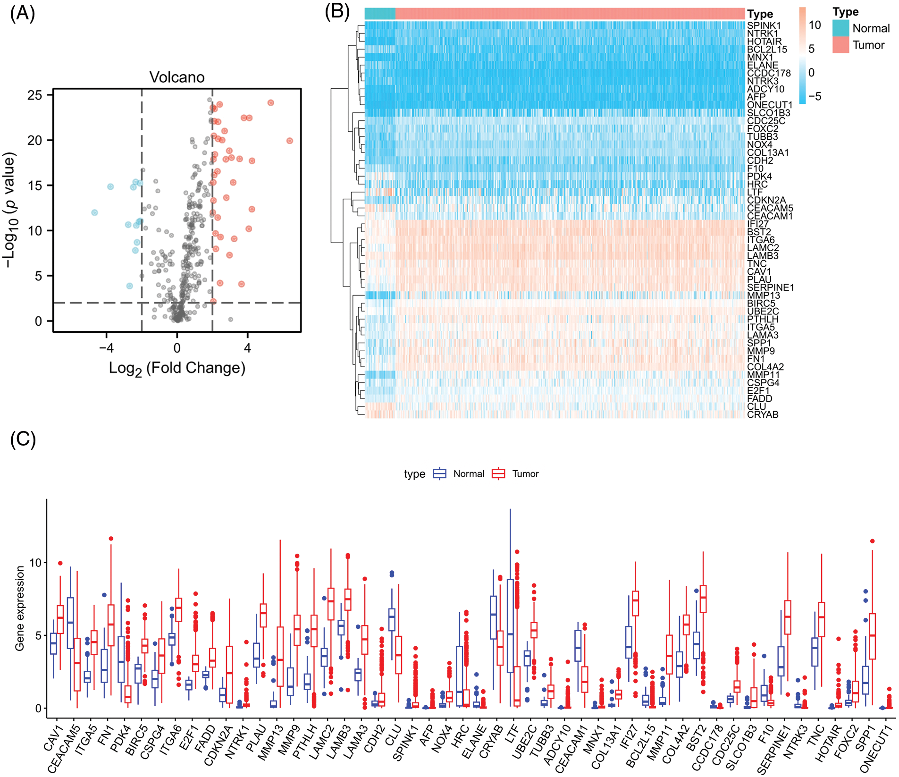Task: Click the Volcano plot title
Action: pos(177,77)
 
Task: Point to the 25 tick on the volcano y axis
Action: pos(34,95)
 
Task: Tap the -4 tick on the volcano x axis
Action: pos(106,348)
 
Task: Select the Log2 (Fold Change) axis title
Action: pos(177,368)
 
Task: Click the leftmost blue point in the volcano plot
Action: pos(94,212)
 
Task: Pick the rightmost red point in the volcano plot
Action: pos(290,141)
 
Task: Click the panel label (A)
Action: pos(22,14)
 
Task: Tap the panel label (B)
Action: pos(337,11)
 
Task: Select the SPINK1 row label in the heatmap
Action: pos(764,25)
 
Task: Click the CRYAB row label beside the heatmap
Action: pos(763,414)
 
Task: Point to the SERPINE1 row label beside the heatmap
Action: pos(770,287)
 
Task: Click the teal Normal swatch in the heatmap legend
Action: pos(840,28)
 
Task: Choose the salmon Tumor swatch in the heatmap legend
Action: pos(840,45)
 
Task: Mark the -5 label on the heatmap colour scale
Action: pos(815,96)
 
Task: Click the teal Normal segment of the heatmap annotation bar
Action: pos(380,14)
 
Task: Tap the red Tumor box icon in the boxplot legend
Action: pos(498,473)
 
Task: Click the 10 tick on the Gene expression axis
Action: pos(35,563)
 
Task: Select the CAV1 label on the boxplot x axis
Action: pos(53,739)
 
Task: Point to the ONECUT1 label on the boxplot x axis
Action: pos(876,748)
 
